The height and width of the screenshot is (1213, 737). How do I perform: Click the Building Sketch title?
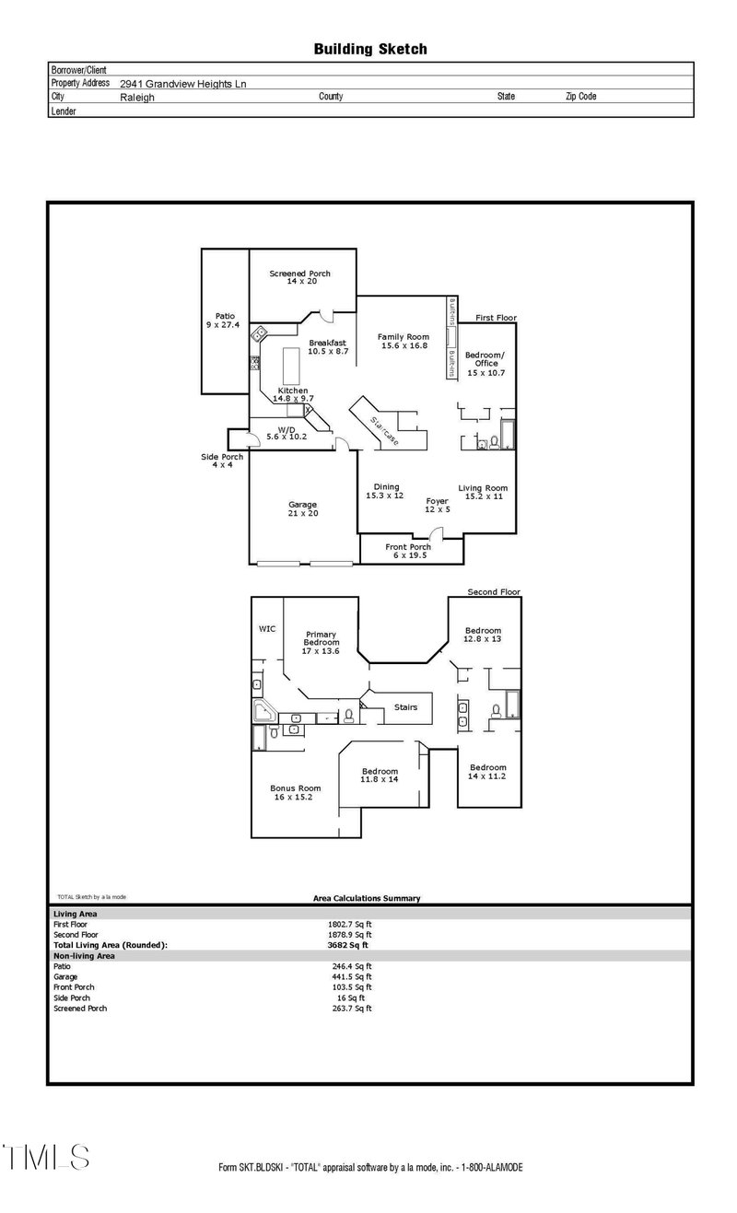(x=370, y=49)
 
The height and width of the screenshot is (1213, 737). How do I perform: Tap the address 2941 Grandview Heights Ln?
(x=183, y=83)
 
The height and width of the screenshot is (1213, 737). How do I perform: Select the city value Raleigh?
(x=137, y=97)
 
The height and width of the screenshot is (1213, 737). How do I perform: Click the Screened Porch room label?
(x=299, y=277)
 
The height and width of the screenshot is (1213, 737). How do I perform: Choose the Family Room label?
(x=404, y=341)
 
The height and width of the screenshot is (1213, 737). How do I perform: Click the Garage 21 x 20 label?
(x=302, y=508)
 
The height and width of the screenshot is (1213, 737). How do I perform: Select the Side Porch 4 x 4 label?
(x=222, y=461)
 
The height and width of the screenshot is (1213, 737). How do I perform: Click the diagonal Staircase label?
(x=384, y=430)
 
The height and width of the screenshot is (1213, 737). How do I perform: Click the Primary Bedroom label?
(x=321, y=642)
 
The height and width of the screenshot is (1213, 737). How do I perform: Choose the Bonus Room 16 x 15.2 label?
(x=295, y=792)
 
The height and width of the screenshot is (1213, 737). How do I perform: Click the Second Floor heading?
(x=493, y=591)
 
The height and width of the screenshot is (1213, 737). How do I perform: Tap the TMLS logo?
(x=47, y=1157)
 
